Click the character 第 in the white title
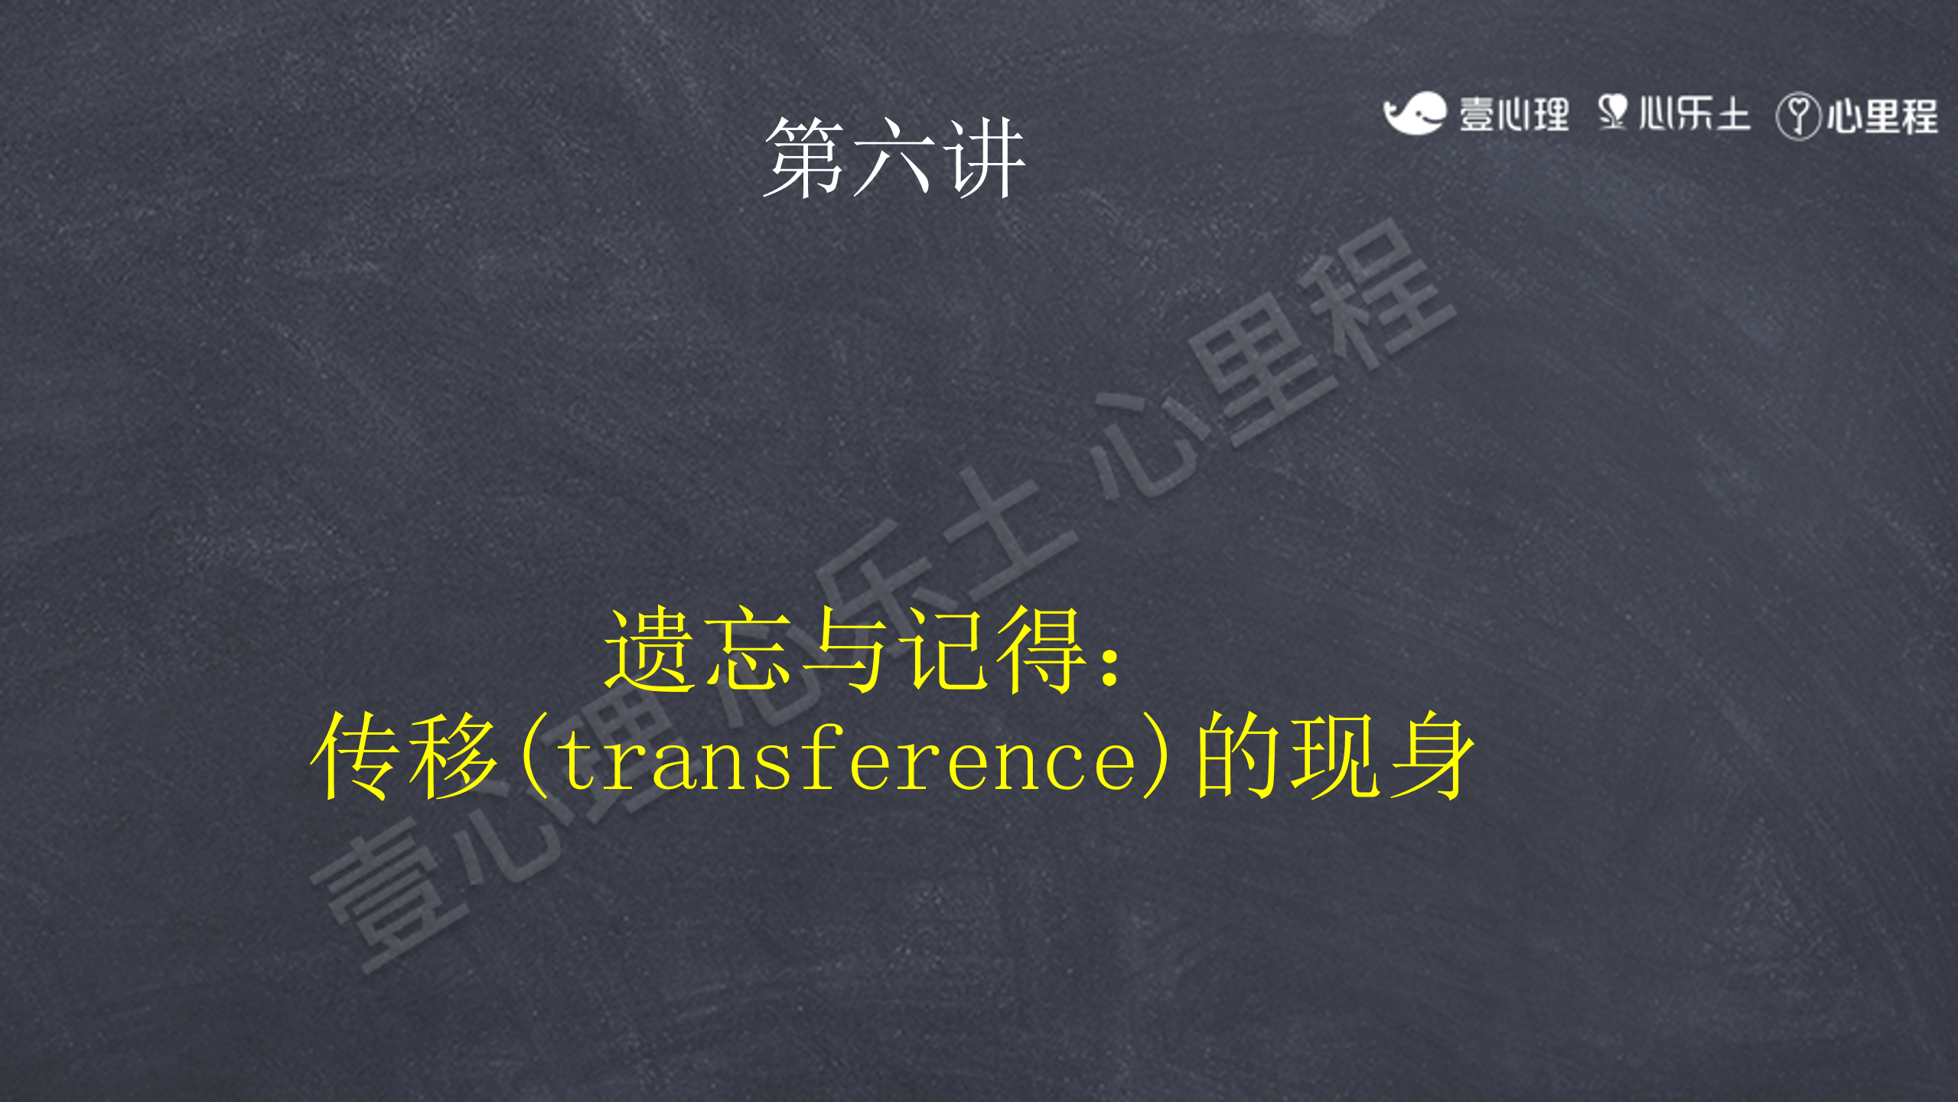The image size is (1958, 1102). point(806,158)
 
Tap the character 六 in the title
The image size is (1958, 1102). point(894,158)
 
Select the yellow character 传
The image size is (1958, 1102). point(357,755)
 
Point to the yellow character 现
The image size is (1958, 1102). point(1336,755)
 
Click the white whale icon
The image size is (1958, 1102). point(1414,113)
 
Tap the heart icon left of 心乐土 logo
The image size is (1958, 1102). point(1613,112)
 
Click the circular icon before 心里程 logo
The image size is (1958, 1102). point(1798,116)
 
